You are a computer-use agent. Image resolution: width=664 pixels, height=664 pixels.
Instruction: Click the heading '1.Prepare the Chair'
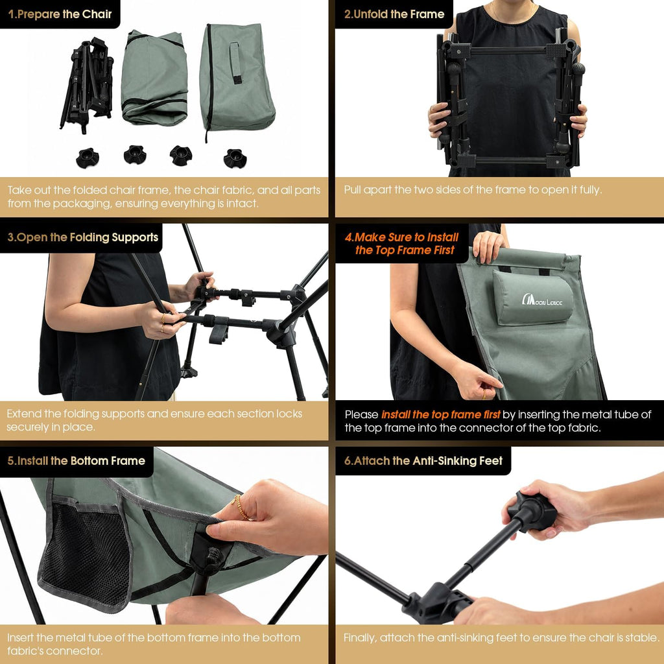coord(60,14)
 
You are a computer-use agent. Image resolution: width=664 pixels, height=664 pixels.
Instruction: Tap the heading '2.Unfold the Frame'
coord(394,14)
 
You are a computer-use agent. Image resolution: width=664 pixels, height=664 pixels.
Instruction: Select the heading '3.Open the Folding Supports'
coord(83,237)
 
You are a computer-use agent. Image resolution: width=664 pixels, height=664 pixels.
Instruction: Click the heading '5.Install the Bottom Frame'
coord(77,461)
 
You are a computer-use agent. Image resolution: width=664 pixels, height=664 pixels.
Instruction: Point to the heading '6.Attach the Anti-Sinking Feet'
coord(423,461)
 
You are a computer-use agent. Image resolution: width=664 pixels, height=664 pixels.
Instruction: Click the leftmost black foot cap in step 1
coord(88,158)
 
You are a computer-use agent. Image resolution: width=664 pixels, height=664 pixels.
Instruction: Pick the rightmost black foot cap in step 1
coord(235,158)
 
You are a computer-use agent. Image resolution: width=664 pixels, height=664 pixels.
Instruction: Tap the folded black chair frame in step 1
coord(88,84)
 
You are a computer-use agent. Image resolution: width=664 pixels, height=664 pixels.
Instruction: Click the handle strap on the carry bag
coord(235,62)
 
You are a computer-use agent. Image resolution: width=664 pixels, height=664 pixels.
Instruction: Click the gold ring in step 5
coord(241,506)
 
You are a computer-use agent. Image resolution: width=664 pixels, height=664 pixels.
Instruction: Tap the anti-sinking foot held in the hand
coord(533,511)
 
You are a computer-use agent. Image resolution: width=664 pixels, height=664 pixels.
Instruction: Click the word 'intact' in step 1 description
coord(243,204)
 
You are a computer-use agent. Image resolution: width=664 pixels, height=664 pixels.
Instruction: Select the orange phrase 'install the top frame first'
coord(440,414)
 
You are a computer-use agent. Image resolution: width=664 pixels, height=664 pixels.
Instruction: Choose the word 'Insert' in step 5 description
coord(21,638)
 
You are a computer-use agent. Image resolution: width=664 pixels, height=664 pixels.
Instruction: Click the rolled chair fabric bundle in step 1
coord(154,78)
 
